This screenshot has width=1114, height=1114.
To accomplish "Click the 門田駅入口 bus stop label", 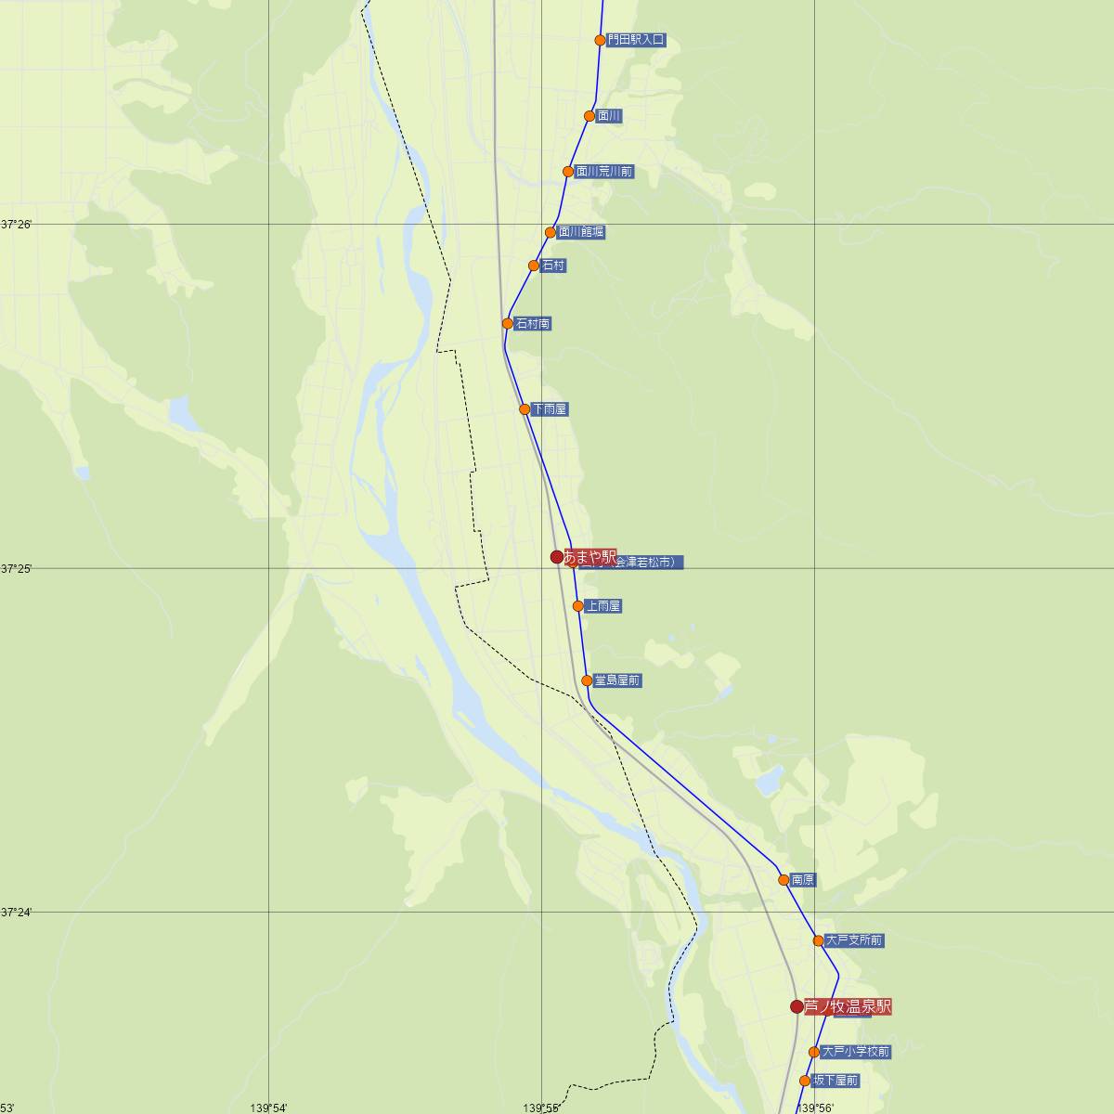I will tap(636, 40).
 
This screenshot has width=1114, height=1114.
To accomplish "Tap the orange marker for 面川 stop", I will tap(589, 116).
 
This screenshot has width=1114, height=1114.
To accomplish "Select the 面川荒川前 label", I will tap(603, 172).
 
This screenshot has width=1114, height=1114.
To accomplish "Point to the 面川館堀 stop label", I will tap(581, 232).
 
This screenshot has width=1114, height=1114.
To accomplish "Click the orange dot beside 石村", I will tap(534, 266).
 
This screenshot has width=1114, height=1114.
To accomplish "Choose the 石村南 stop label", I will tap(533, 324).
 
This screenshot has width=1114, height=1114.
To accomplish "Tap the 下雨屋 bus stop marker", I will tap(525, 409).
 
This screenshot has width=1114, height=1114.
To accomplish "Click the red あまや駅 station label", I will tap(589, 556).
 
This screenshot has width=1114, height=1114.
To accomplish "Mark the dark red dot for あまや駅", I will tap(557, 557).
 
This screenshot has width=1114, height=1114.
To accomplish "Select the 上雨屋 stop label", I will tap(603, 606).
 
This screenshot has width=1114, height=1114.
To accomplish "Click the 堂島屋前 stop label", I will tap(617, 680).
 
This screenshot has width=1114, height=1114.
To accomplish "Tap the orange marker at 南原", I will tap(784, 880).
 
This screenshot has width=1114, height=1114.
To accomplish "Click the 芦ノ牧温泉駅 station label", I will tap(847, 1006).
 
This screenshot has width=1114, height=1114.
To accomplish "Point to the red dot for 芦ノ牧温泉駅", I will tap(797, 1006).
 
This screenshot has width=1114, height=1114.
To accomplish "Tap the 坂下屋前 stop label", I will tap(835, 1081).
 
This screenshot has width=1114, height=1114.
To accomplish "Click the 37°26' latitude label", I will tap(17, 225).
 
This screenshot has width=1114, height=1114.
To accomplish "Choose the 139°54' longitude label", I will tap(269, 1108).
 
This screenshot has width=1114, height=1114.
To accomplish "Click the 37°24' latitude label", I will tap(17, 913).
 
